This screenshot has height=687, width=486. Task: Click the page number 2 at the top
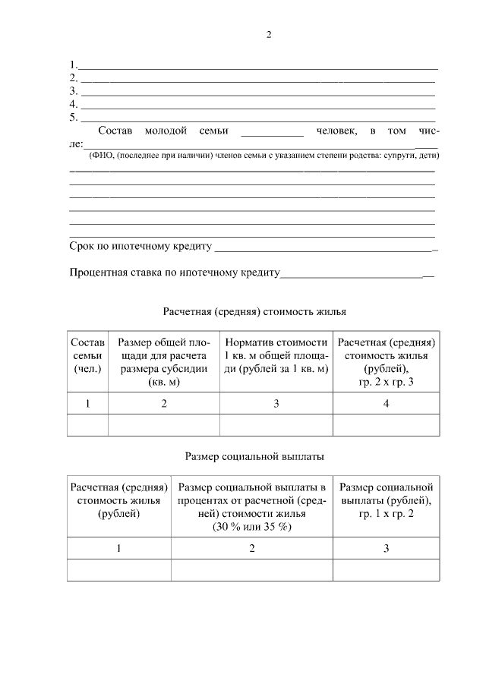coord(269,35)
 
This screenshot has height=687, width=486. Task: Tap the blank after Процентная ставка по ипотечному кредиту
coord(353,274)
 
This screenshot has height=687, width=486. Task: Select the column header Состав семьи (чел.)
coord(87,355)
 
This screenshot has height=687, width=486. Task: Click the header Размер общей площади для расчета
coord(163,362)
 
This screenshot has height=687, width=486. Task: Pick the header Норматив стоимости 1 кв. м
coord(276,355)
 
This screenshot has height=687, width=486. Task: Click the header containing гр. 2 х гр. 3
coord(386,362)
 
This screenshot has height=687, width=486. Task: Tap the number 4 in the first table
coord(386,403)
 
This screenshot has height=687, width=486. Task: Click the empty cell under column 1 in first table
coord(87,425)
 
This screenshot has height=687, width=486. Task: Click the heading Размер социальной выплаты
coord(255,456)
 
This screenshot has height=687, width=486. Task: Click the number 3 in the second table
coord(386,548)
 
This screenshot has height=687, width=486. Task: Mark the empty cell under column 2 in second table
coord(252,569)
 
